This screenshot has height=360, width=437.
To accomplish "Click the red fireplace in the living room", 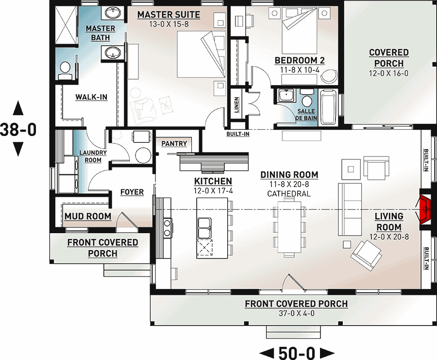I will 426,208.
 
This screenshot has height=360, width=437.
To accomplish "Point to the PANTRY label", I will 174,144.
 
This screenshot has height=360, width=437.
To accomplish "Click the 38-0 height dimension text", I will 18,129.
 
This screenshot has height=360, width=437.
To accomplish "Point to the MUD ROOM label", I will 88,216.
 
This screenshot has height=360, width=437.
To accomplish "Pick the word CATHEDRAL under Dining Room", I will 289,194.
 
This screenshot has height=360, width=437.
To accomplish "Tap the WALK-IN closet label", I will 91,97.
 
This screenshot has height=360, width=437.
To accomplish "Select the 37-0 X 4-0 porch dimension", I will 296,313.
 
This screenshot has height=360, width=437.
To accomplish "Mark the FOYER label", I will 132,192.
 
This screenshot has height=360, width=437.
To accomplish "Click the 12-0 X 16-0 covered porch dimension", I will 389,73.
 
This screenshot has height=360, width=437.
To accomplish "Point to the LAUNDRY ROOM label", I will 93,156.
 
